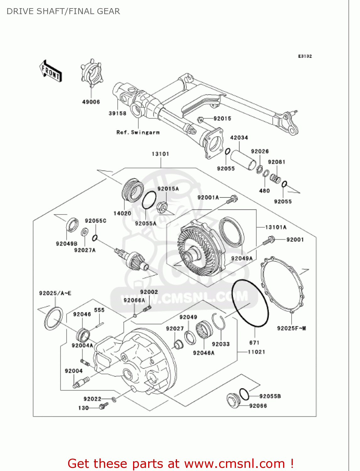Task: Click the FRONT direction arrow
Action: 51,71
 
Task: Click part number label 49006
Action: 91,102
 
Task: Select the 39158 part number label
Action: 117,113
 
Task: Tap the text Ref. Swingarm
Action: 138,133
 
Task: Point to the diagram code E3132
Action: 305,56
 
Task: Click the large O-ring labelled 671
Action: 250,303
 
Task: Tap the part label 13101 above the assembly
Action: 160,154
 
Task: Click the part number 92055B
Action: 270,396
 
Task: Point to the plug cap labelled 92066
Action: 233,401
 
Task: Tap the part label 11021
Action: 256,352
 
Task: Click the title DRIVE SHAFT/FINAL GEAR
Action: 63,11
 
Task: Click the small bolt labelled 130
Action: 102,407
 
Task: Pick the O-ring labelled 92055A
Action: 149,200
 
